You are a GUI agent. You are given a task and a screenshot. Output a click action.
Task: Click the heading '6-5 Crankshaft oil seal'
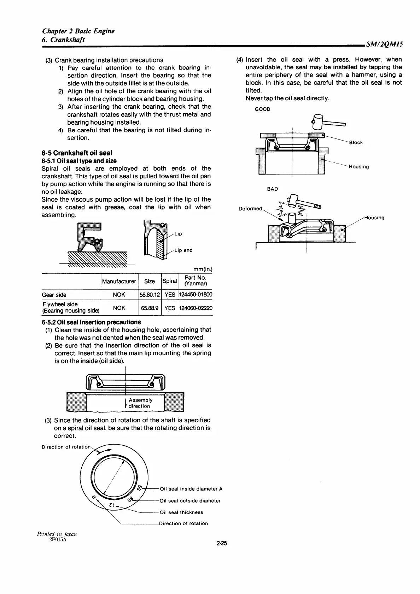pos(77,153)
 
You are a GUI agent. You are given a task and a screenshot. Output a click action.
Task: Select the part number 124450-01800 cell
pos(196,295)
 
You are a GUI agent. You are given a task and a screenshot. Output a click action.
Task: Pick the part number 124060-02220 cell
pos(196,308)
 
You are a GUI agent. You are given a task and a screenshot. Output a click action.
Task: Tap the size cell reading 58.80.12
pos(150,295)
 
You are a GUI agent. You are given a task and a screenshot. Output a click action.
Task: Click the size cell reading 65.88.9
pos(150,308)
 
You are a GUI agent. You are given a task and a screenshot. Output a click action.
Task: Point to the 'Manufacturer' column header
pos(119,281)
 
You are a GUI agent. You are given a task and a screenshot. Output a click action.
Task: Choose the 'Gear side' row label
pos(54,295)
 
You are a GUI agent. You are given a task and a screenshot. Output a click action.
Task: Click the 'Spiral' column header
pos(170,281)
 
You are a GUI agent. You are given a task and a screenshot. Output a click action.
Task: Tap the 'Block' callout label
pos(356,143)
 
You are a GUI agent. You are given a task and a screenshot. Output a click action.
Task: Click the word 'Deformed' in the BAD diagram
pos(250,209)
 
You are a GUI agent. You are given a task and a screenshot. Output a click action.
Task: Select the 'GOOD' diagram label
pos(262,109)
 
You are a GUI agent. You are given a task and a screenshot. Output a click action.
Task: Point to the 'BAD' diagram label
pos(272,189)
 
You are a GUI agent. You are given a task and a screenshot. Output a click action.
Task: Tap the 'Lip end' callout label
pos(183,250)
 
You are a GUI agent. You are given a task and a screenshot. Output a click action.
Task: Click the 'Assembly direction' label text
pos(140,403)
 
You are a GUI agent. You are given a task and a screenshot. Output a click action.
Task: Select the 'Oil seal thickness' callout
pos(181,512)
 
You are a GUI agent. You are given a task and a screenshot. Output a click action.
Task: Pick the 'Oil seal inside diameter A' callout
pos(191,489)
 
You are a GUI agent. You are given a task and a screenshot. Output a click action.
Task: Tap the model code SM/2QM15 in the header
pos(385,44)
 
